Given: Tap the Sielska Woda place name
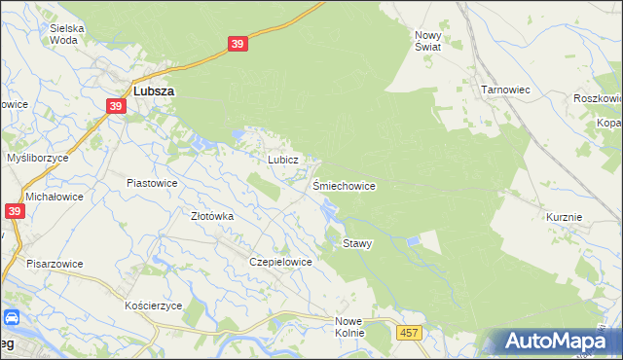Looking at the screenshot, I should [67, 34].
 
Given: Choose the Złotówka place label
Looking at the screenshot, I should [212, 216].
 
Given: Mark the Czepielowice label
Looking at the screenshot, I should [280, 262].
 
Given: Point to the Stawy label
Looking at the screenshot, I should [357, 243].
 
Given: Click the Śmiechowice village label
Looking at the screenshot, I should [344, 185].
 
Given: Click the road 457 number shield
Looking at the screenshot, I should [410, 334].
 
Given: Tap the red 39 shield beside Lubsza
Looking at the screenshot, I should [117, 106].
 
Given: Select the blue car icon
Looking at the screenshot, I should [12, 317].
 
